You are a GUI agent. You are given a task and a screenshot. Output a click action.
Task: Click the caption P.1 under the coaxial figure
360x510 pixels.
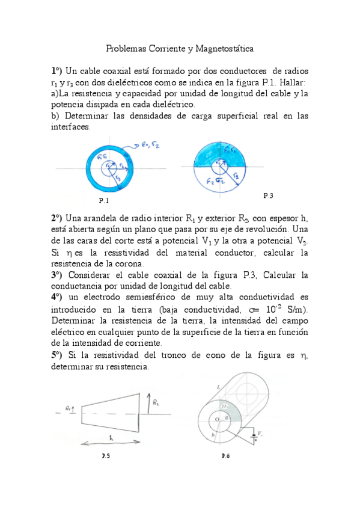pyautogui.click(x=103, y=200)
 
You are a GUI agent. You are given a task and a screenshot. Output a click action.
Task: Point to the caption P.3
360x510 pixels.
pyautogui.click(x=269, y=196)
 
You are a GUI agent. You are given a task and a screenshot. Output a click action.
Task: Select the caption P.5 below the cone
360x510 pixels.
pyautogui.click(x=105, y=456)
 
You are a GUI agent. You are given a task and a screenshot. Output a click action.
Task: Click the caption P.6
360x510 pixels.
pyautogui.click(x=225, y=456)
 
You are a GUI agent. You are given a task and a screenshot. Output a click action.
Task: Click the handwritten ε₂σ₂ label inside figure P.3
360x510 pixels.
pyautogui.click(x=214, y=179)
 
